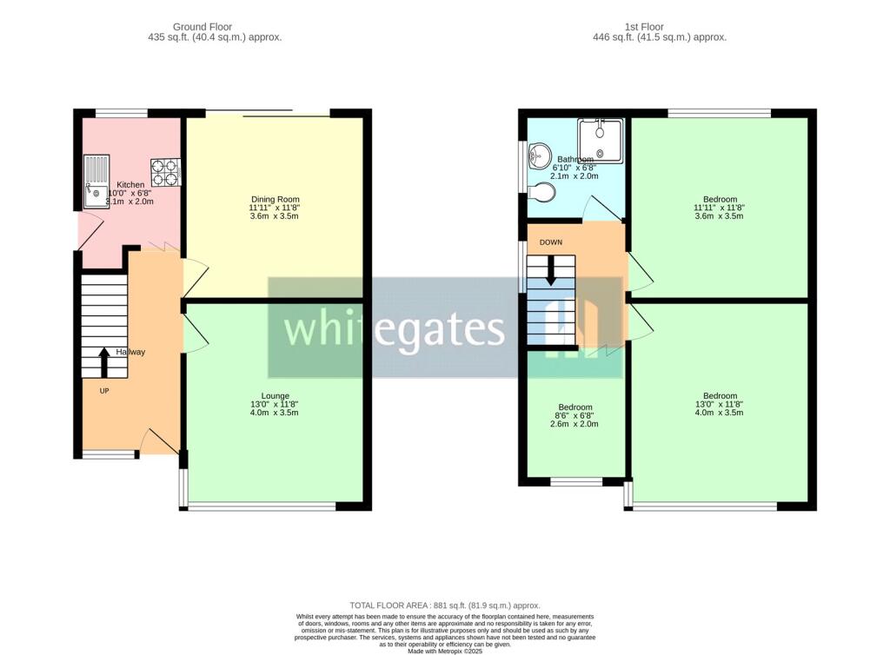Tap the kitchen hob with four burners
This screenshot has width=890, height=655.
point(166,172)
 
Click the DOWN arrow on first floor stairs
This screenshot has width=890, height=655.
point(550,270)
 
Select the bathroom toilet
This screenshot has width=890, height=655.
point(542,190)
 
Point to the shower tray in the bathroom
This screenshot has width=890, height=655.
point(600,141)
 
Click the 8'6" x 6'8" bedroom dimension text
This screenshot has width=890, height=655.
point(575,416)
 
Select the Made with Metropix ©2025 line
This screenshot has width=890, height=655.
point(444,650)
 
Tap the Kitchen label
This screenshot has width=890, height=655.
point(130,185)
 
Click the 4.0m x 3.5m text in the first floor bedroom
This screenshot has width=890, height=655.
point(720,413)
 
